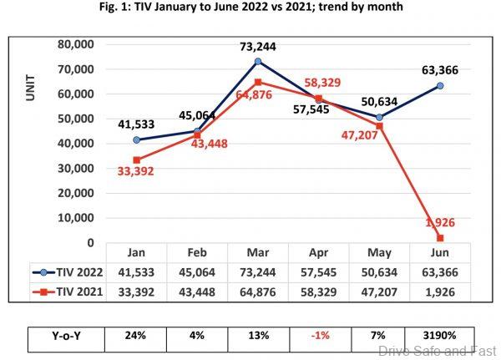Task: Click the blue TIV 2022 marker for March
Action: (x=258, y=61)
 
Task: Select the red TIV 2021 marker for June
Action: (x=440, y=238)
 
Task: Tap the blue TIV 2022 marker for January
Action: (x=136, y=139)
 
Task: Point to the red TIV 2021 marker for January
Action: (x=136, y=160)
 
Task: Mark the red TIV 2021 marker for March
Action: (x=258, y=82)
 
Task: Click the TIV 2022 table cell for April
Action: (x=318, y=272)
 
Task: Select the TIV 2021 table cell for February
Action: (x=196, y=292)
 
